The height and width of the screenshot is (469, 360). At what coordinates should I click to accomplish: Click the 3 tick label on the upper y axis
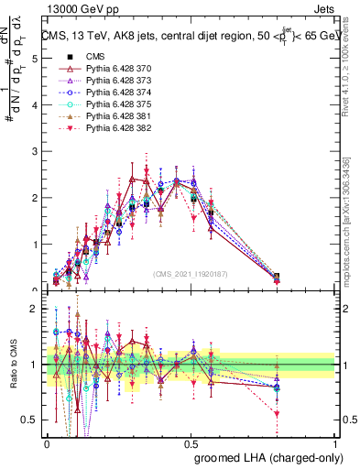click(x=34, y=151)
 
